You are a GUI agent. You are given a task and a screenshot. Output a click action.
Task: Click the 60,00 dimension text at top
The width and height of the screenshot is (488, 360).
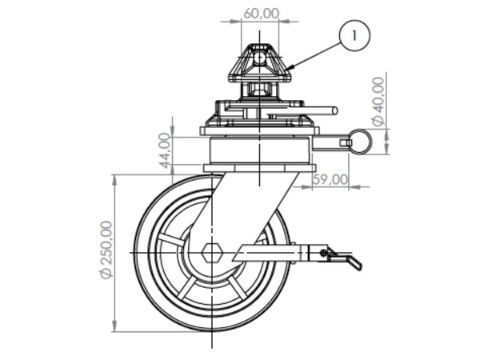click(x=261, y=14)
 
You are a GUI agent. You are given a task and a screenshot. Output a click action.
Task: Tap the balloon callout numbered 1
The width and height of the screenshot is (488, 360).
click(x=354, y=35)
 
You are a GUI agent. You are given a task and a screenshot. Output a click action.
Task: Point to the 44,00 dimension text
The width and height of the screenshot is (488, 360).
click(x=165, y=150)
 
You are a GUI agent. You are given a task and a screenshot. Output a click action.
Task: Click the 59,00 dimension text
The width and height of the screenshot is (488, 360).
click(x=330, y=179)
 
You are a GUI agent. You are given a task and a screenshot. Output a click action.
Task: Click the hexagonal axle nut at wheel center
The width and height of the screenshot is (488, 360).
click(x=212, y=253)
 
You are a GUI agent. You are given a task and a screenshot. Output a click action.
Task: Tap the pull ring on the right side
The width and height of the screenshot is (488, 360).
click(x=360, y=141)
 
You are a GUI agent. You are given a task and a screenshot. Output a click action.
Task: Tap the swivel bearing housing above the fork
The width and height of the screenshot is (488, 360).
click(x=258, y=151)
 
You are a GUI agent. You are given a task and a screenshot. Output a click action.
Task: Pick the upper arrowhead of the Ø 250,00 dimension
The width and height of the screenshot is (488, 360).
click(x=116, y=178)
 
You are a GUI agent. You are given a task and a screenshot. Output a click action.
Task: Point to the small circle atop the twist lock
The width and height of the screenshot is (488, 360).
click(x=260, y=54)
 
